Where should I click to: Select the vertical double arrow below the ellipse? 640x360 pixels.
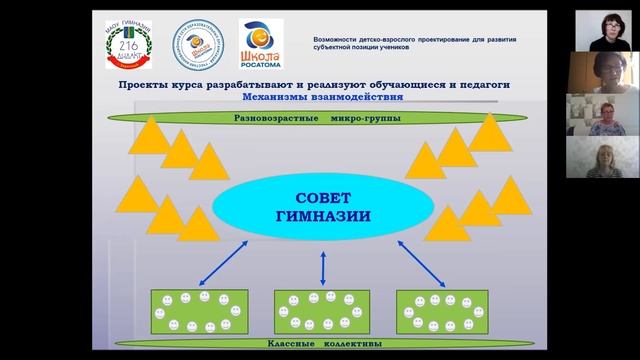(x=322, y=267)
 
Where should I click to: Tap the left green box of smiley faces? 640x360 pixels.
(x=199, y=311)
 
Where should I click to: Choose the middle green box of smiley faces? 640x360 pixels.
(x=322, y=311)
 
